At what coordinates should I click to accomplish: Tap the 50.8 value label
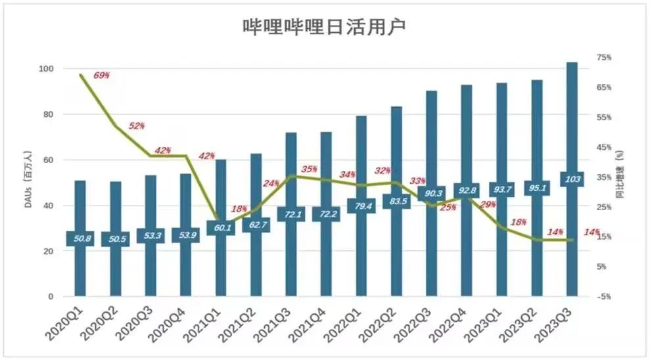pyautogui.click(x=80, y=238)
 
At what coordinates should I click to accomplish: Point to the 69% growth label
pyautogui.click(x=101, y=76)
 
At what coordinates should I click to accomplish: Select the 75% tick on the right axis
pyautogui.click(x=603, y=58)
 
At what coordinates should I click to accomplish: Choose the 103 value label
pyautogui.click(x=572, y=179)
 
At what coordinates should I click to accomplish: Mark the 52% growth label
pyautogui.click(x=137, y=125)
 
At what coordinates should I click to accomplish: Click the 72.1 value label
pyautogui.click(x=290, y=215)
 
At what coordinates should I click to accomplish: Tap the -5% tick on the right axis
pyautogui.click(x=603, y=297)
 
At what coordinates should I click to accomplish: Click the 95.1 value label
pyautogui.click(x=537, y=188)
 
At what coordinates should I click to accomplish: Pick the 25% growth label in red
pyautogui.click(x=448, y=208)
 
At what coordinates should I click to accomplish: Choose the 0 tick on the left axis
pyautogui.click(x=50, y=297)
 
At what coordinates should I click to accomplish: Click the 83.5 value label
pyautogui.click(x=396, y=201)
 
